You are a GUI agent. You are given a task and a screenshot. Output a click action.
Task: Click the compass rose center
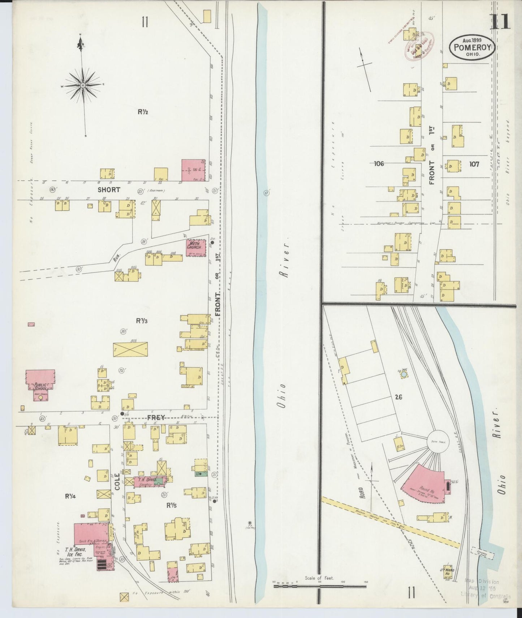point(83,85)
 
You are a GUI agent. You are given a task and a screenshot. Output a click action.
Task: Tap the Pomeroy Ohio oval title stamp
point(472,47)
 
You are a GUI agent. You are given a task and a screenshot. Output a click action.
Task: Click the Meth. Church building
point(196,248)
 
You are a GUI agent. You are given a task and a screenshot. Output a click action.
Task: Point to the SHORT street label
point(108,190)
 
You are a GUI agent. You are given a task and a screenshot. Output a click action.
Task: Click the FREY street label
point(156,417)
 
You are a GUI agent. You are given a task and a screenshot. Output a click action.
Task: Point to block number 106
point(379,164)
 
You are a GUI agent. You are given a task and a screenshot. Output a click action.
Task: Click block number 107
point(474,164)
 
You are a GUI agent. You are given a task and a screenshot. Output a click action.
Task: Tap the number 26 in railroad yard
point(398,397)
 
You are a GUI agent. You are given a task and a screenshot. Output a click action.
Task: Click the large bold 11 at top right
point(500,22)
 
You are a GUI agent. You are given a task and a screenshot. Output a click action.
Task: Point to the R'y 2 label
point(142,112)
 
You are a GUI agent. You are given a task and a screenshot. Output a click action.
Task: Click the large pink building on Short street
point(193,170)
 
